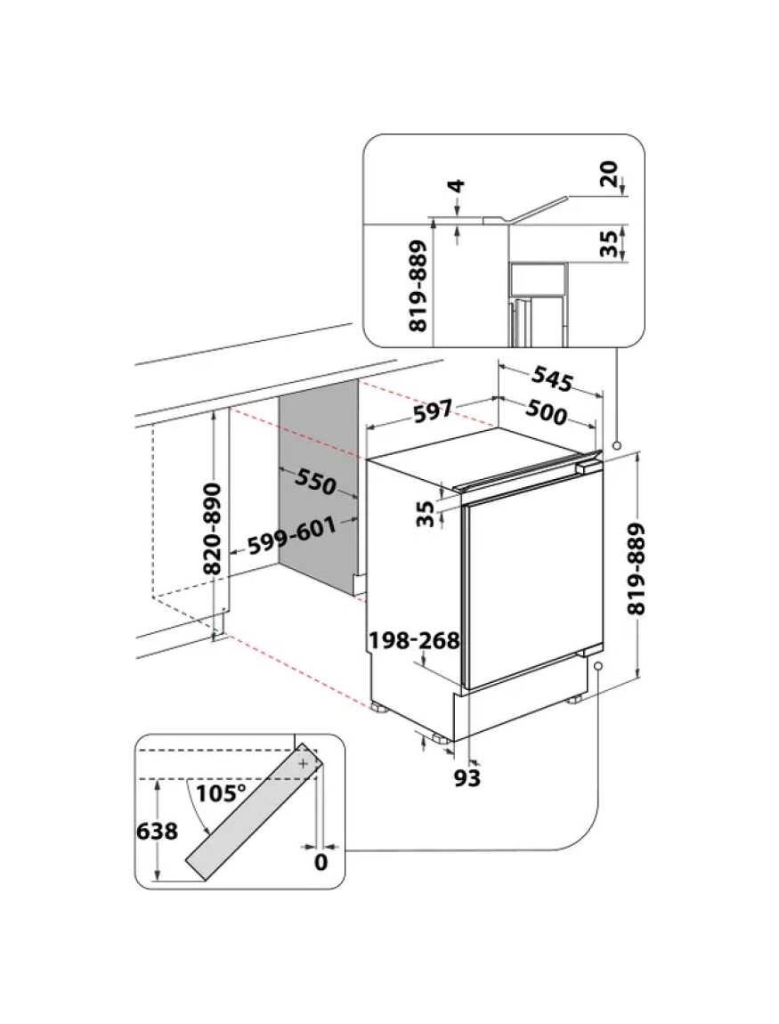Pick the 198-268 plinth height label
pyautogui.click(x=414, y=640)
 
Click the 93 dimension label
pyautogui.click(x=467, y=777)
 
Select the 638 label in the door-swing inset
pyautogui.click(x=157, y=832)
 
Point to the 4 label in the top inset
pyautogui.click(x=457, y=189)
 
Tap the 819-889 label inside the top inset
pyautogui.click(x=419, y=287)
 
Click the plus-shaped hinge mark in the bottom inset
pyautogui.click(x=304, y=764)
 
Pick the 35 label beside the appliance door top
pyautogui.click(x=426, y=513)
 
